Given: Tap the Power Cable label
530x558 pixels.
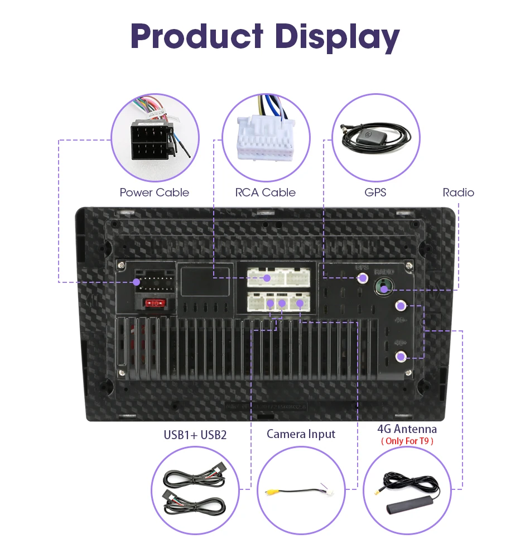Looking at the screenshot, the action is pos(155,193).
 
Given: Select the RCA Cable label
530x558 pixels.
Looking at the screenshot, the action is pos(265,193).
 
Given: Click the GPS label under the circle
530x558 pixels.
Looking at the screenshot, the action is pos(375,193).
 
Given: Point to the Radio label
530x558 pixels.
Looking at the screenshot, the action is pos(458,193).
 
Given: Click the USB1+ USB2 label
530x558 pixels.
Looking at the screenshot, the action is pos(195,435).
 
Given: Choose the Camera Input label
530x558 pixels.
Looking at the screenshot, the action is pos(301,434).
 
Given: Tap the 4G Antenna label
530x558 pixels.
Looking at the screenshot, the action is pos(407,429).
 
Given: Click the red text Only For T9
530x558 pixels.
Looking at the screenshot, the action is pos(407,441).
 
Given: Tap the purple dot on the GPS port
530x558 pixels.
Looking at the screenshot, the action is pos(363,277).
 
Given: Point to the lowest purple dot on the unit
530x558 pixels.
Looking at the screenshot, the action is pos(400,357).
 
